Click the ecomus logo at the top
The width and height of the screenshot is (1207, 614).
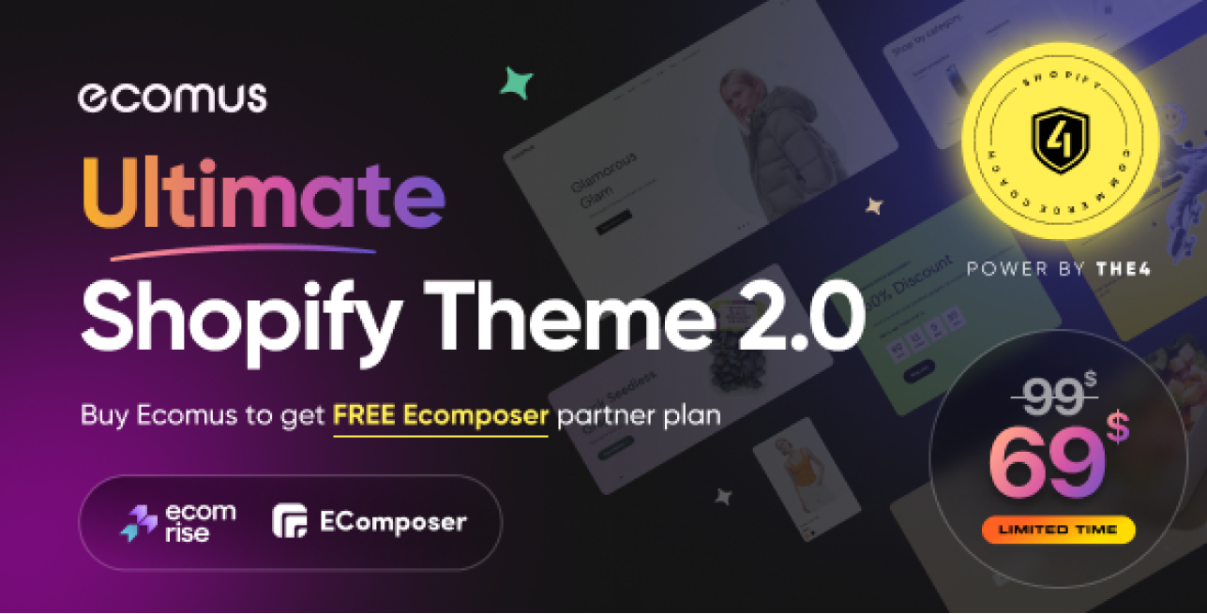[173, 97]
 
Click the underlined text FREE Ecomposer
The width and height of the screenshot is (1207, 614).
[440, 415]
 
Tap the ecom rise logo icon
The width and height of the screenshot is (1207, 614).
[139, 523]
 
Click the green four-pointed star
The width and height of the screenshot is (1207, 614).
[516, 83]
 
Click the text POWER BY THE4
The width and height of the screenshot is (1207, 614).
[1058, 269]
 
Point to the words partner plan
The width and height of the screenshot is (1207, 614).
[639, 415]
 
